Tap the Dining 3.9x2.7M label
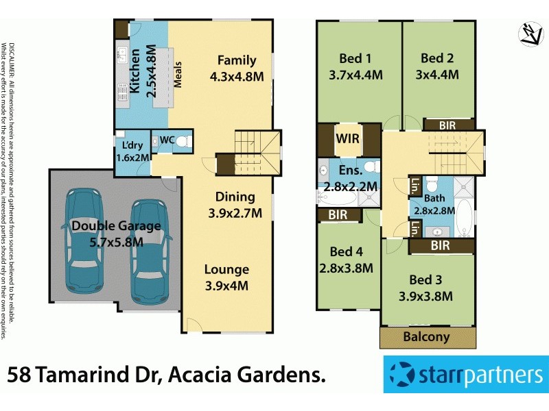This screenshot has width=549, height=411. click(x=235, y=205)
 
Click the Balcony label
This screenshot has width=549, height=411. click(x=426, y=336)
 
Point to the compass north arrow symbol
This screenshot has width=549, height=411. click(x=529, y=34)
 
